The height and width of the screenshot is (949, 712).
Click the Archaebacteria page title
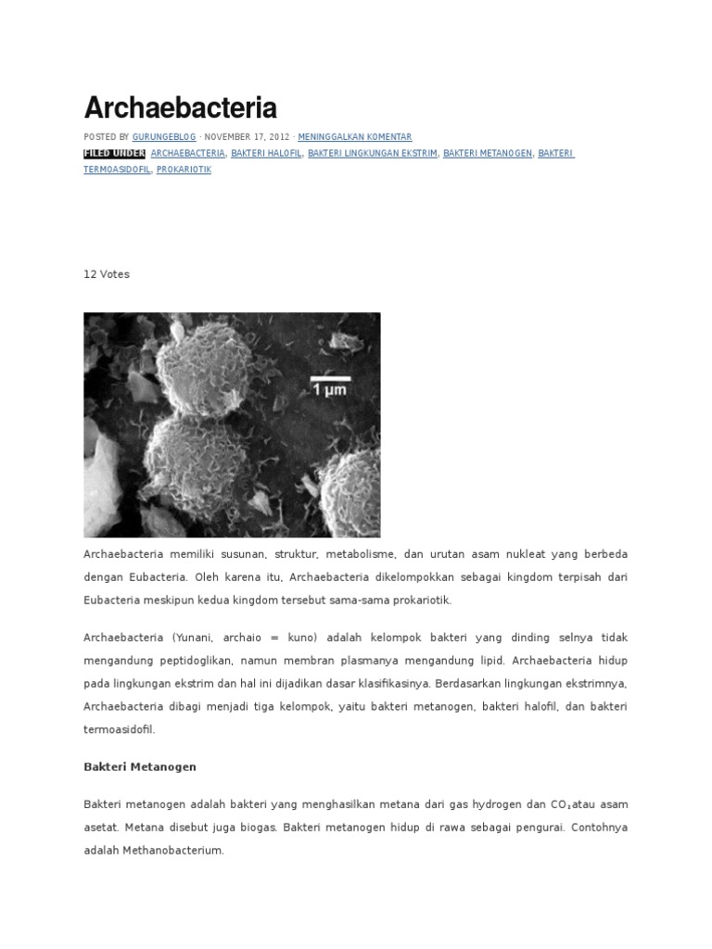click(x=180, y=108)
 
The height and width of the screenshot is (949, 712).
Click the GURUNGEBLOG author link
click(x=165, y=136)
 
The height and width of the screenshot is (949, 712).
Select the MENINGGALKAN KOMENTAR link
click(x=355, y=136)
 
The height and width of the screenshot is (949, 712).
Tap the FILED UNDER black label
click(x=114, y=153)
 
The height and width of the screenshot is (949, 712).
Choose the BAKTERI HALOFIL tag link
click(x=266, y=153)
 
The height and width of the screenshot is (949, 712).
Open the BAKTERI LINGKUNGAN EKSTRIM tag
click(x=372, y=153)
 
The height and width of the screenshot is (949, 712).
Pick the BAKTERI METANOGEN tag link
click(x=488, y=153)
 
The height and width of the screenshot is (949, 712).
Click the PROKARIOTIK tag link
click(x=184, y=170)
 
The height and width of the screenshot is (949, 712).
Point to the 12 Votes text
click(x=107, y=274)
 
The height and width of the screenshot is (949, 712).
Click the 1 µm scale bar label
click(x=330, y=388)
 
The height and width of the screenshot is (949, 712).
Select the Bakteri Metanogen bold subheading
click(x=140, y=767)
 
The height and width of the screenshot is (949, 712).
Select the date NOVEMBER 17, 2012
click(x=247, y=136)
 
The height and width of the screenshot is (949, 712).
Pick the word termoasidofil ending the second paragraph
click(x=118, y=729)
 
